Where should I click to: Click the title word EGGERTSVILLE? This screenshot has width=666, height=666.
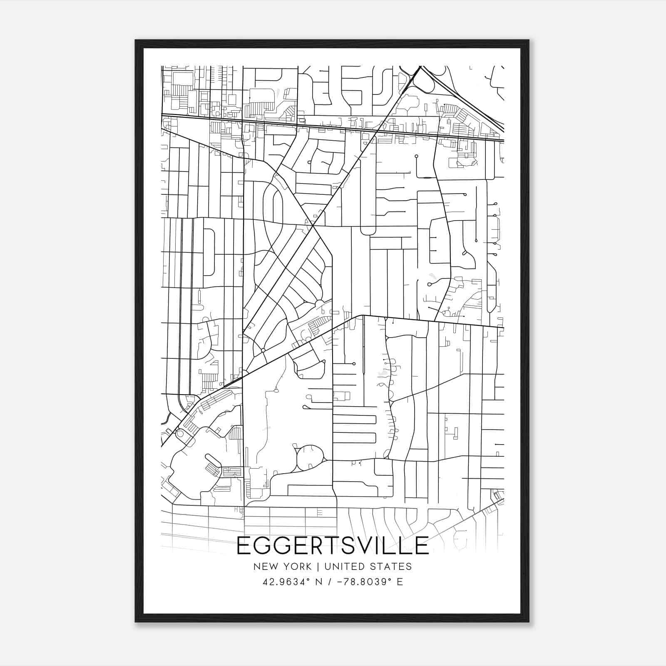click(333, 546)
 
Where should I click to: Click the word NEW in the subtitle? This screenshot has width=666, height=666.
click(265, 567)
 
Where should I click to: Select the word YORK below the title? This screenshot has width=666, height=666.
click(297, 567)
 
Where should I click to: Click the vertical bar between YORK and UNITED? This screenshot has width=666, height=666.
click(318, 567)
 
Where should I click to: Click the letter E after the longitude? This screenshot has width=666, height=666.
click(400, 582)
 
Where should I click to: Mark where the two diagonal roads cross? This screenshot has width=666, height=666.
click(313, 225)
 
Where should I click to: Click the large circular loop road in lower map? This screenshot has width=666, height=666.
click(310, 457)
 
